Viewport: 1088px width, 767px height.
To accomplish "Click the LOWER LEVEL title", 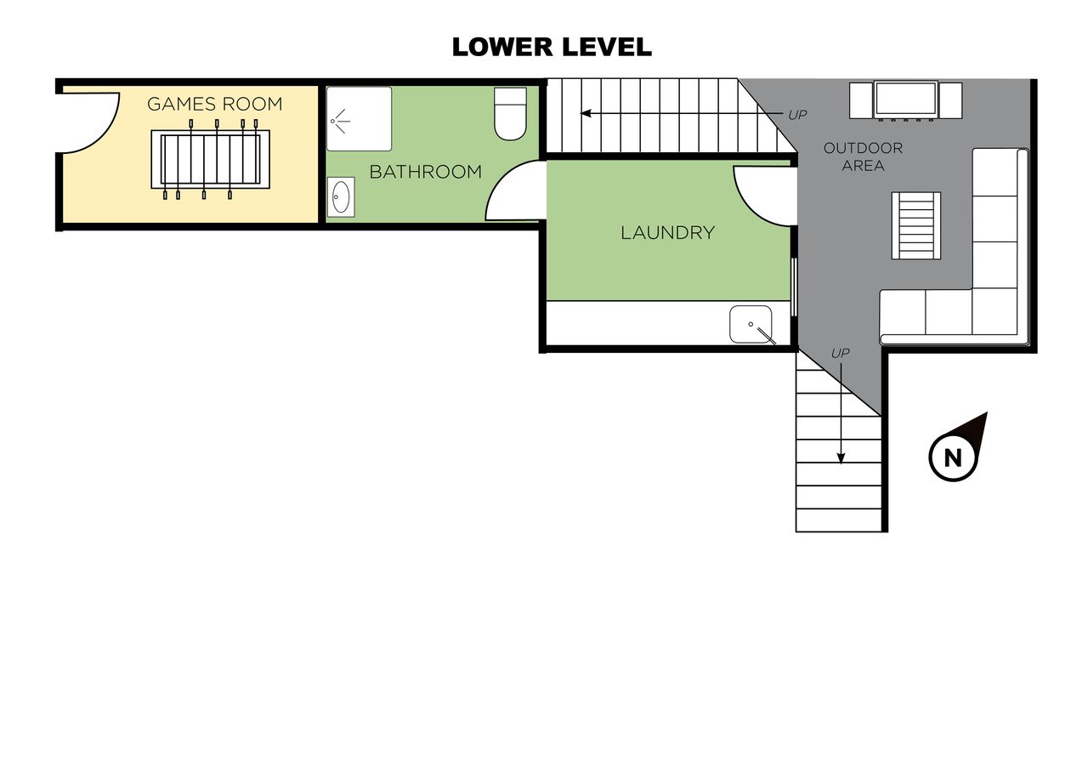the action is click(x=552, y=47).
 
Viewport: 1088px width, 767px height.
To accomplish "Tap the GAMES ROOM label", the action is click(x=215, y=104).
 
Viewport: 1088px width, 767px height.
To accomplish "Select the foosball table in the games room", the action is click(x=210, y=159).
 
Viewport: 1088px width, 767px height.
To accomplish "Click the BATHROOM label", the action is click(x=426, y=172).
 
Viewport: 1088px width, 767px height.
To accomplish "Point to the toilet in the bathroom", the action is click(x=510, y=114).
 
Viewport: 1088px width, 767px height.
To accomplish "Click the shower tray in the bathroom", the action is click(x=359, y=119).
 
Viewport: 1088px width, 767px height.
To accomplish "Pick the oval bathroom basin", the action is click(x=341, y=197).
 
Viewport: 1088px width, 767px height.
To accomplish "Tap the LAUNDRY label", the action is click(x=668, y=233).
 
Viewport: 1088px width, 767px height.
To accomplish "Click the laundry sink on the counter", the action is click(x=751, y=324).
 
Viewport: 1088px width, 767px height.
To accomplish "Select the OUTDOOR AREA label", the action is click(x=863, y=156).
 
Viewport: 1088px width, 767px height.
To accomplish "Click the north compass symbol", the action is click(x=956, y=449).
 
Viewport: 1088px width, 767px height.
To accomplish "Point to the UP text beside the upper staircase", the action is click(x=797, y=115).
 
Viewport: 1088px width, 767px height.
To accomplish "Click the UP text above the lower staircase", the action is click(x=841, y=354).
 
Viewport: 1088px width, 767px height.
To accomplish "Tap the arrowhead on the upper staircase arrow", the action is click(x=586, y=114).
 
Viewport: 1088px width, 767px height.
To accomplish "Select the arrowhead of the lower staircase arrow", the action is click(x=841, y=458).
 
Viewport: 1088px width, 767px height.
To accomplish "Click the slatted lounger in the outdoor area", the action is click(x=916, y=225).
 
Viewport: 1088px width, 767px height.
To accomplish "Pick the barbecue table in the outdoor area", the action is click(x=906, y=100).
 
